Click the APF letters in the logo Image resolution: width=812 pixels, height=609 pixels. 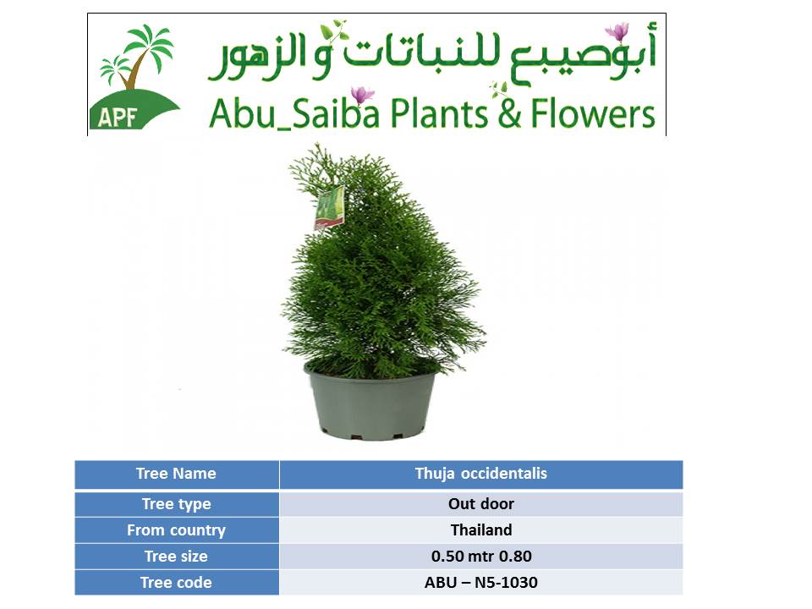pyautogui.click(x=117, y=117)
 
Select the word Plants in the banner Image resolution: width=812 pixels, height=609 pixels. pyautogui.click(x=439, y=113)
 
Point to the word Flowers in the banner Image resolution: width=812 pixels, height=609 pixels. pyautogui.click(x=593, y=113)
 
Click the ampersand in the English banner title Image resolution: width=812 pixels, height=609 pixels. pyautogui.click(x=509, y=114)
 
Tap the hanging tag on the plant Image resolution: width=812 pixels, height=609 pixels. pyautogui.click(x=329, y=207)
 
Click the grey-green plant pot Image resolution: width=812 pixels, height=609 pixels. pyautogui.click(x=371, y=402)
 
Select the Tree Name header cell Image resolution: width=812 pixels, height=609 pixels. pyautogui.click(x=177, y=474)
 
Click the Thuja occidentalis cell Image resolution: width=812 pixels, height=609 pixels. pyautogui.click(x=481, y=474)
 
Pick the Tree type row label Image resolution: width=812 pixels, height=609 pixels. pyautogui.click(x=177, y=504)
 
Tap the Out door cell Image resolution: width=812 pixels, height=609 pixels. pyautogui.click(x=481, y=504)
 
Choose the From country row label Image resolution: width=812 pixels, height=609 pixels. pyautogui.click(x=177, y=530)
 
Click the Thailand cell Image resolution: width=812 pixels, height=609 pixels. pyautogui.click(x=481, y=530)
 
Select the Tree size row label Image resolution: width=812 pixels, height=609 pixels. pyautogui.click(x=177, y=557)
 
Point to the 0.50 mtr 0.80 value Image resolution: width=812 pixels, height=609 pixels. pyautogui.click(x=481, y=557)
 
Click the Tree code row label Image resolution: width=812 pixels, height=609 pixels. pyautogui.click(x=177, y=583)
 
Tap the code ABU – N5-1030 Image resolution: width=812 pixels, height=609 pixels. pyautogui.click(x=481, y=583)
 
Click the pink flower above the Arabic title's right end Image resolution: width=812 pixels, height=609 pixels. pyautogui.click(x=617, y=32)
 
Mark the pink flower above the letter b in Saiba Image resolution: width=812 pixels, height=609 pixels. pyautogui.click(x=362, y=96)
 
